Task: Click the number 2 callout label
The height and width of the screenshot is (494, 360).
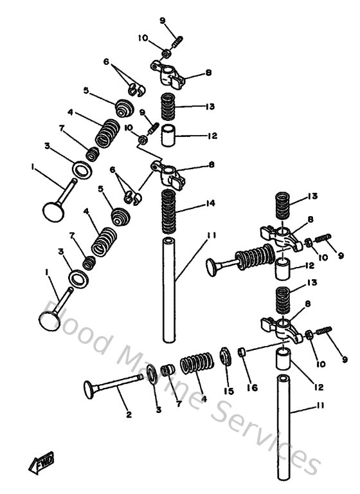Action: click(129, 415)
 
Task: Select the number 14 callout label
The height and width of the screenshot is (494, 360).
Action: click(210, 203)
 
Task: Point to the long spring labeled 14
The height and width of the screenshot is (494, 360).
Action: click(168, 209)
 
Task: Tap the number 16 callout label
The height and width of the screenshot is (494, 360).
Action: click(251, 389)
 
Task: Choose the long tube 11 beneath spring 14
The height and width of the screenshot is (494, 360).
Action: click(168, 289)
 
